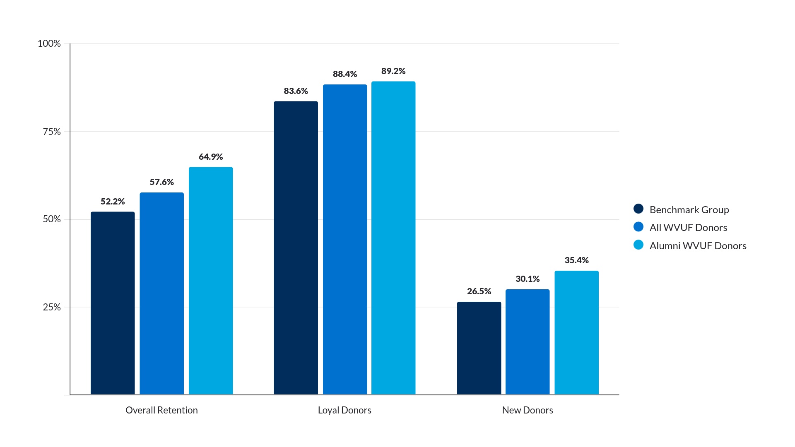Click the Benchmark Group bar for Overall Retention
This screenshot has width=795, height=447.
pyautogui.click(x=113, y=303)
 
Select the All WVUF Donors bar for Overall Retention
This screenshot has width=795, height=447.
pyautogui.click(x=161, y=293)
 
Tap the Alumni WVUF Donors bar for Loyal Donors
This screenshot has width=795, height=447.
pyautogui.click(x=393, y=238)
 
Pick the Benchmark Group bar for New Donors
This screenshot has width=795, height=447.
pyautogui.click(x=479, y=348)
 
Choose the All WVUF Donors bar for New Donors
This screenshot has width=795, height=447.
pyautogui.click(x=528, y=342)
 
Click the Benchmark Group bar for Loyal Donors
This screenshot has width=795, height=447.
pyautogui.click(x=296, y=248)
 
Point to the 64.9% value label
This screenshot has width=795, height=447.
pyautogui.click(x=211, y=157)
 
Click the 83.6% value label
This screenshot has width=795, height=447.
pyautogui.click(x=296, y=91)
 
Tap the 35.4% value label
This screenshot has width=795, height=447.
pyautogui.click(x=576, y=260)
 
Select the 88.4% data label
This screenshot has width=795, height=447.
pyautogui.click(x=344, y=74)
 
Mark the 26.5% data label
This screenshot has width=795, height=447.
pyautogui.click(x=479, y=291)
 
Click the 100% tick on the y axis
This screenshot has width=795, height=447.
pyautogui.click(x=49, y=44)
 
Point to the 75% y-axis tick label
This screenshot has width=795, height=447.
pyautogui.click(x=52, y=132)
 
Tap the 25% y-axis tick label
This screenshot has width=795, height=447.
pyautogui.click(x=52, y=307)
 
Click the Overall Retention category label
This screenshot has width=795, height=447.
pyautogui.click(x=161, y=410)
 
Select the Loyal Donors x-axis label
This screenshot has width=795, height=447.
pyautogui.click(x=344, y=410)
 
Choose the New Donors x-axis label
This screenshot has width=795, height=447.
pyautogui.click(x=528, y=410)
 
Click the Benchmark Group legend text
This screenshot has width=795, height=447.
pyautogui.click(x=689, y=210)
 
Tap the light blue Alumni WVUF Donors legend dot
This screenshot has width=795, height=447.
pyautogui.click(x=638, y=245)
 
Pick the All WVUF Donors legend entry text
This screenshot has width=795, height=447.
pyautogui.click(x=688, y=228)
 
